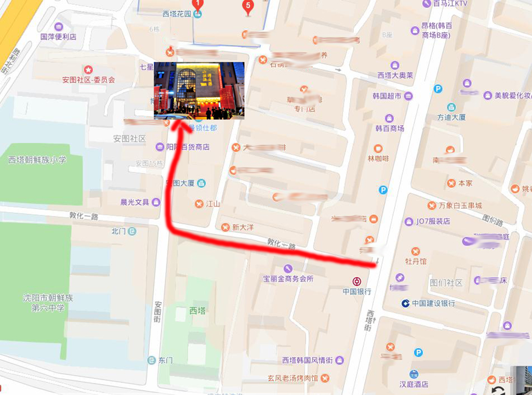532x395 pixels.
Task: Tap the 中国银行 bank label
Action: pos(357,291)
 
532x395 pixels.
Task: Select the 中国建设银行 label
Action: pos(433,303)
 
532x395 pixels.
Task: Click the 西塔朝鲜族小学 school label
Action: pos(37,160)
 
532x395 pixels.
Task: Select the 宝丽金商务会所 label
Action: pos(288,279)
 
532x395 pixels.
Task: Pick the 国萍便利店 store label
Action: pos(58,37)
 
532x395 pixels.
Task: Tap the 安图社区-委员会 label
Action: pos(88,79)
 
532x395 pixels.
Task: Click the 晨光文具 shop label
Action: pos(135,202)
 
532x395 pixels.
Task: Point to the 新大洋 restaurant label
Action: pos(242,227)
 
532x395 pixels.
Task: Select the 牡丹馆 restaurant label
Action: pos(416,261)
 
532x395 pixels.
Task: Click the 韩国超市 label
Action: pos(387,96)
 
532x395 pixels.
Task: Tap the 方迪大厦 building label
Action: pos(451,117)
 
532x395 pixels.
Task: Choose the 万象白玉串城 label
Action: pos(460,206)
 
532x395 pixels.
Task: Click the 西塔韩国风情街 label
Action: pos(308,360)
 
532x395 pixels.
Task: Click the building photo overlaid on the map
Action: pos(199,90)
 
